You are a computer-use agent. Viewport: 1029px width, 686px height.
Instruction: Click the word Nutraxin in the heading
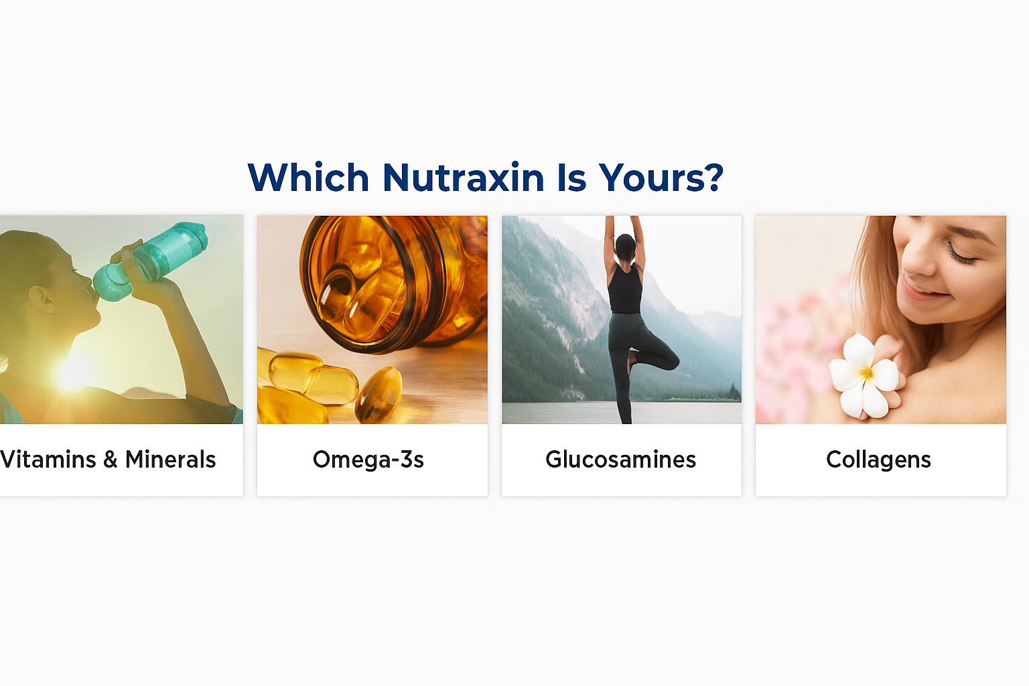pyautogui.click(x=463, y=178)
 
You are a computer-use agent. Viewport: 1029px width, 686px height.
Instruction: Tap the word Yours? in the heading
pyautogui.click(x=661, y=178)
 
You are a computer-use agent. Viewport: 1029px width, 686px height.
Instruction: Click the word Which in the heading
pyautogui.click(x=308, y=178)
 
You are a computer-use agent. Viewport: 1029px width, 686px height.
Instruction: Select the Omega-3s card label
pyautogui.click(x=368, y=460)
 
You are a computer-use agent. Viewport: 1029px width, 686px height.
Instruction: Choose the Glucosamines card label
pyautogui.click(x=620, y=460)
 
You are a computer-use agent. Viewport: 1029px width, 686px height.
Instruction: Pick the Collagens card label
pyautogui.click(x=878, y=460)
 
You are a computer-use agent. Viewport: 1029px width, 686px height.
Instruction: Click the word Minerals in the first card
pyautogui.click(x=170, y=460)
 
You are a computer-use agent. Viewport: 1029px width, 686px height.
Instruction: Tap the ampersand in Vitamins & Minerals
pyautogui.click(x=111, y=460)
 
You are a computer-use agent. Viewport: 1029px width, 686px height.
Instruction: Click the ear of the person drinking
pyautogui.click(x=42, y=299)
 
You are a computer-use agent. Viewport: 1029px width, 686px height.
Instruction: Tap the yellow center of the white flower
pyautogui.click(x=866, y=372)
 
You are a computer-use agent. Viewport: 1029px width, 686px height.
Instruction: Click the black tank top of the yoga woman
pyautogui.click(x=626, y=290)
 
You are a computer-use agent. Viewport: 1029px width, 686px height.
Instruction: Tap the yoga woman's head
pyautogui.click(x=625, y=247)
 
